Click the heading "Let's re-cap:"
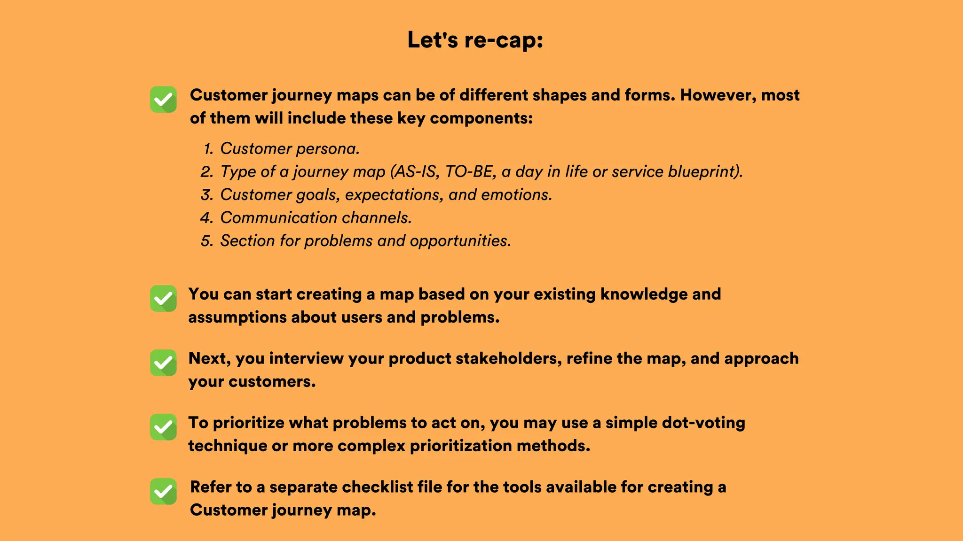click(475, 40)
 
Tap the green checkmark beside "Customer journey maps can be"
click(163, 100)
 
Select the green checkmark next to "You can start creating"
click(163, 299)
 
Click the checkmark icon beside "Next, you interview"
click(163, 363)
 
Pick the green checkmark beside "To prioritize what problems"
click(163, 427)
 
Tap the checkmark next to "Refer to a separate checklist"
click(163, 491)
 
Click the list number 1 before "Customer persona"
click(208, 149)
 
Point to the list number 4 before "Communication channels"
click(207, 218)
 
